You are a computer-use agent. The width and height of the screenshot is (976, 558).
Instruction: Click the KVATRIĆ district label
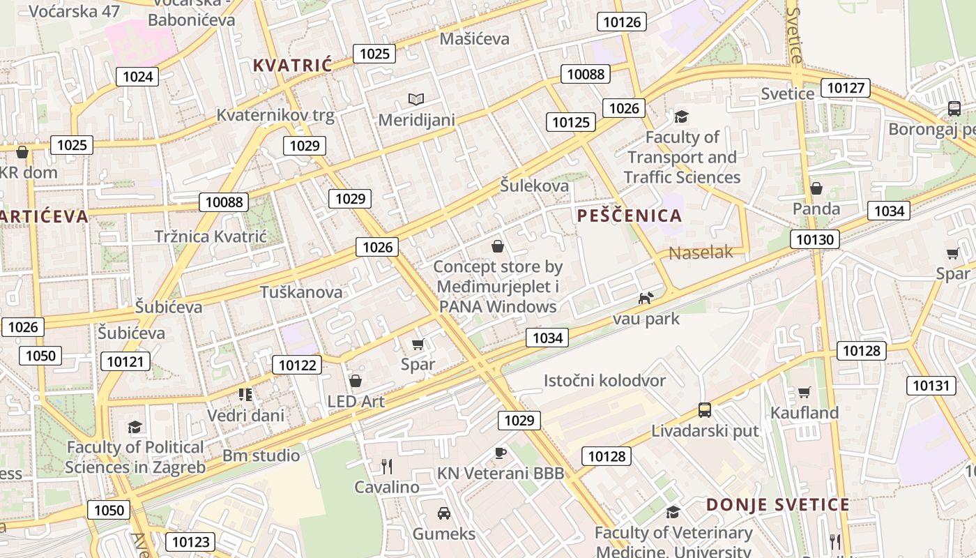point(292,65)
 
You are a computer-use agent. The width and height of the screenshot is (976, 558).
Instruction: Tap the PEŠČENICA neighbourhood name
point(630,216)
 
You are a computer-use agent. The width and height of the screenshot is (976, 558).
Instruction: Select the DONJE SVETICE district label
point(777,504)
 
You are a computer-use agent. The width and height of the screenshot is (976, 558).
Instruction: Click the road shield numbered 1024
point(137,76)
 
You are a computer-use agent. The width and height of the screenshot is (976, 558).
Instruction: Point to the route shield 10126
point(622,22)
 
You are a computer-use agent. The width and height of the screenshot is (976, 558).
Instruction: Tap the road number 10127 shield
point(846,88)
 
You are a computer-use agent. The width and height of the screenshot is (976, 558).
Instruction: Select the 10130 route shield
point(814,239)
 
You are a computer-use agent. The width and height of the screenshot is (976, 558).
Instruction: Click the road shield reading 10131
point(931,385)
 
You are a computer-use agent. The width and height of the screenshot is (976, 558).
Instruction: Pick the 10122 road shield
point(297,364)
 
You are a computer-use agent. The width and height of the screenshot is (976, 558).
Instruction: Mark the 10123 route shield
point(190,541)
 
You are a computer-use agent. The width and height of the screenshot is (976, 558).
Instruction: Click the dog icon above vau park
point(646,298)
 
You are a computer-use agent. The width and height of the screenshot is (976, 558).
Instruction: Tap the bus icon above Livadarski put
point(705,409)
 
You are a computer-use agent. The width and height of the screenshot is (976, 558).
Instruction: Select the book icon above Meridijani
point(416,99)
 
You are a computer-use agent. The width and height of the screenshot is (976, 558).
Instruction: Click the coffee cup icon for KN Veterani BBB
point(500,453)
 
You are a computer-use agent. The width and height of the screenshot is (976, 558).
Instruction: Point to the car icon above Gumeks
point(443,513)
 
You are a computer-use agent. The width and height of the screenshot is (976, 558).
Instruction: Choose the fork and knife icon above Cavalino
point(386,466)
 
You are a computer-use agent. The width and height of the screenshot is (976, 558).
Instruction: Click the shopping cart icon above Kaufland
point(804,392)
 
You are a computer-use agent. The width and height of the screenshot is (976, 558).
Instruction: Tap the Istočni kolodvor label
point(604,380)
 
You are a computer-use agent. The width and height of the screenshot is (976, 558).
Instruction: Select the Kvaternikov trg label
point(275,115)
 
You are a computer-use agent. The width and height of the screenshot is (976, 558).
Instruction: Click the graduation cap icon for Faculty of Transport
point(681,116)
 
